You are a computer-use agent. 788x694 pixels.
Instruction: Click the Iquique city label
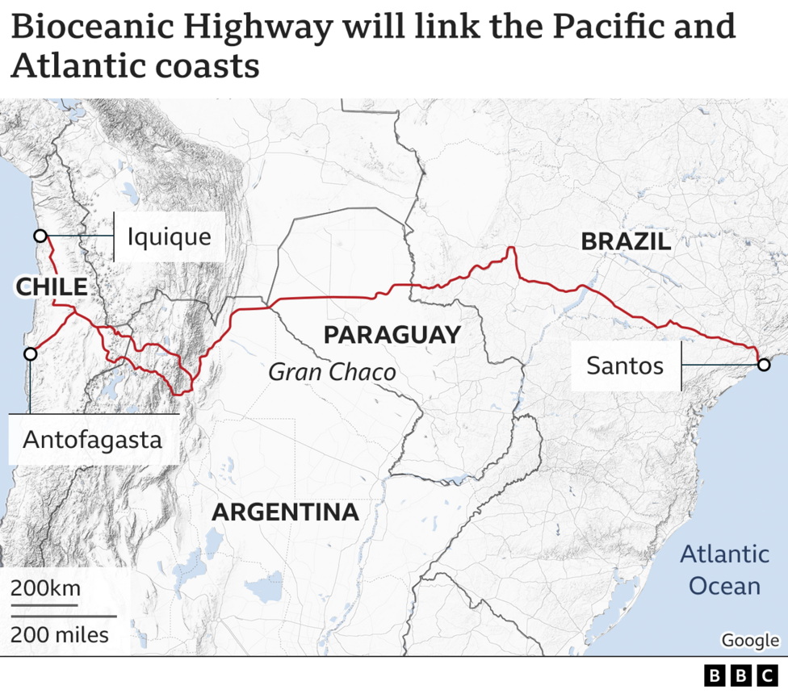[x=169, y=236]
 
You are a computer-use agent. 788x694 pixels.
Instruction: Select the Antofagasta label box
[x=92, y=440]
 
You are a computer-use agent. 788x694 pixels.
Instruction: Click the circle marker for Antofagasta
[x=30, y=354]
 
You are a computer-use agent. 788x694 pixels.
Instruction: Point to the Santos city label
[x=624, y=366]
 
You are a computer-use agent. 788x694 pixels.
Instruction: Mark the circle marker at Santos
[x=763, y=366]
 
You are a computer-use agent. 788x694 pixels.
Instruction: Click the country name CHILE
[x=51, y=286]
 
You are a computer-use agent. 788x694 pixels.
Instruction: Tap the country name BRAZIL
[x=626, y=240]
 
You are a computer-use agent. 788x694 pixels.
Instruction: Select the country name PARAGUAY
[x=392, y=335]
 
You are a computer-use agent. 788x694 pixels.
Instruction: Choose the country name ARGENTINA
[x=285, y=512]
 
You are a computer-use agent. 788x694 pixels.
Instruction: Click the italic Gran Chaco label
[x=332, y=372]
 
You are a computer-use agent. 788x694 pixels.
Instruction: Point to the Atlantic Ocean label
[x=723, y=570]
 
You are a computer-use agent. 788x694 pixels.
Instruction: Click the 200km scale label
[x=45, y=588]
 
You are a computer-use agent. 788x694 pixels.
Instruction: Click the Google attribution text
[x=749, y=640]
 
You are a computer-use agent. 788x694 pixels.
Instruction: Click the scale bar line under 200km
[x=45, y=604]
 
